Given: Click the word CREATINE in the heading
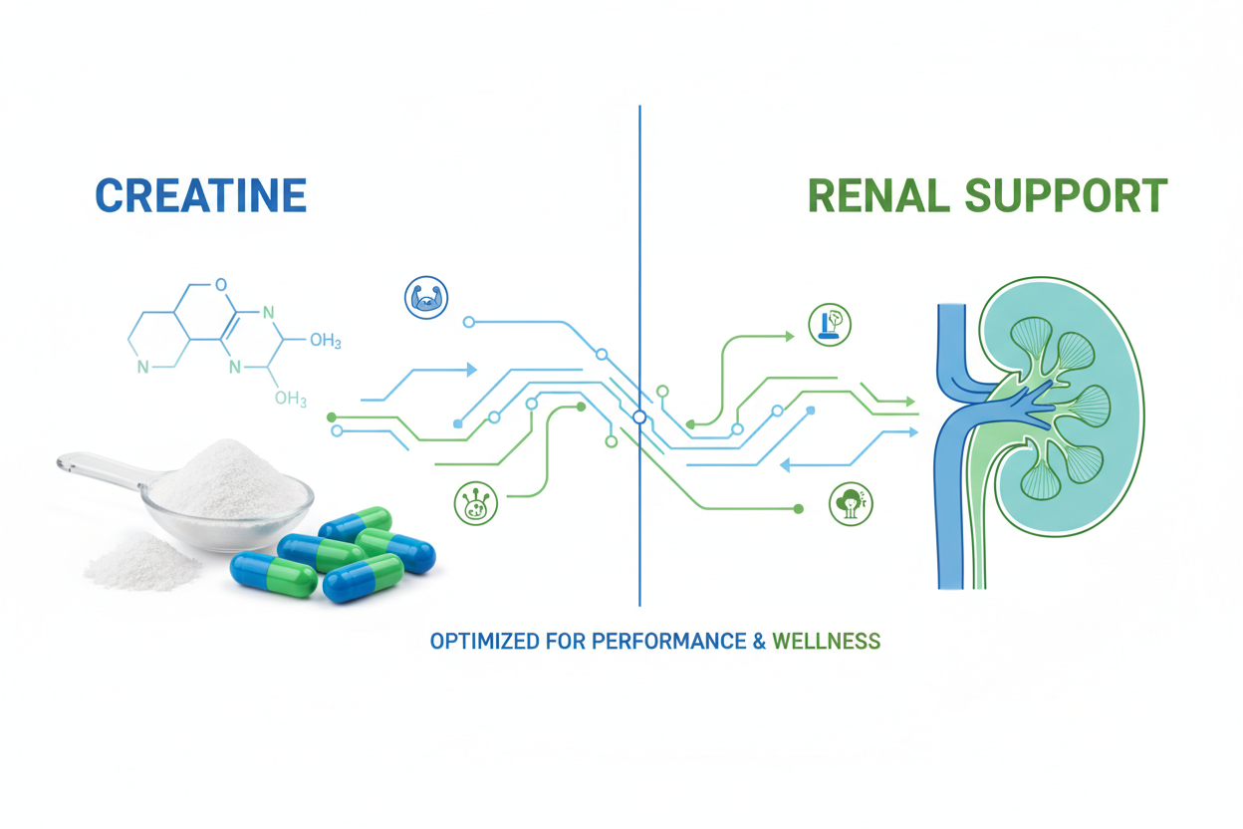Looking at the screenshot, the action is click(201, 195).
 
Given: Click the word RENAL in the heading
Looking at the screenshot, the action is click(878, 195).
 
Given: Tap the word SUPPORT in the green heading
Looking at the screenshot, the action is click(1067, 195).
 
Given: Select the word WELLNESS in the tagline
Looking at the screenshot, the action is click(827, 642).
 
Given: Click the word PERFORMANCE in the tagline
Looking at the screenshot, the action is click(668, 642).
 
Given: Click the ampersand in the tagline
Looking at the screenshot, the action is click(759, 642).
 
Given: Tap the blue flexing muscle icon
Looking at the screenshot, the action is click(426, 298).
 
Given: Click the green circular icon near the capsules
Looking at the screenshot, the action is click(475, 503).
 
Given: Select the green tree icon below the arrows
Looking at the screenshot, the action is click(851, 504).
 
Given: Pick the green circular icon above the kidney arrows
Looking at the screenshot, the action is click(830, 324).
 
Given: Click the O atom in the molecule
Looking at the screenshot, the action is click(221, 285).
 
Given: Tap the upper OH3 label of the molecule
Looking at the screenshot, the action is click(325, 340).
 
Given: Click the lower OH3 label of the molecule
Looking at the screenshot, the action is click(291, 399).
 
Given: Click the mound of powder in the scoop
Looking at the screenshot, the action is click(227, 479).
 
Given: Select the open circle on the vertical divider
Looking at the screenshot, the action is click(639, 417).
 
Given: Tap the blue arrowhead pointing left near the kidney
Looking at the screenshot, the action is click(785, 464).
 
